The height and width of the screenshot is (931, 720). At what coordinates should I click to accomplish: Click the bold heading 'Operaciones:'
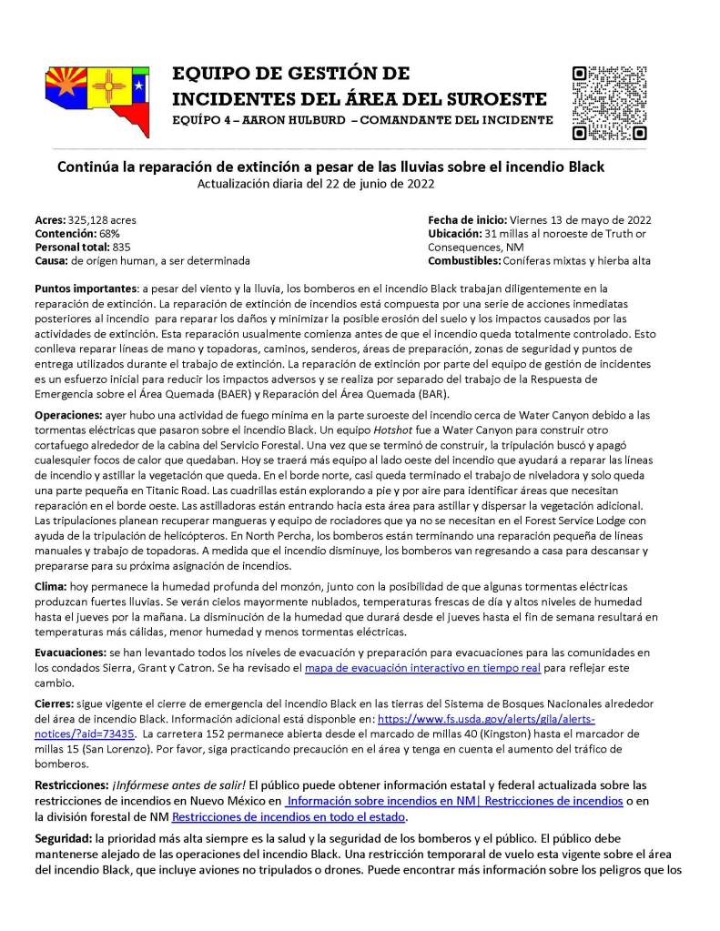tap(68, 414)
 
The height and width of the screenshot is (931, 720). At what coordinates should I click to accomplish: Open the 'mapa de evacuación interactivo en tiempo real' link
tap(422, 669)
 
